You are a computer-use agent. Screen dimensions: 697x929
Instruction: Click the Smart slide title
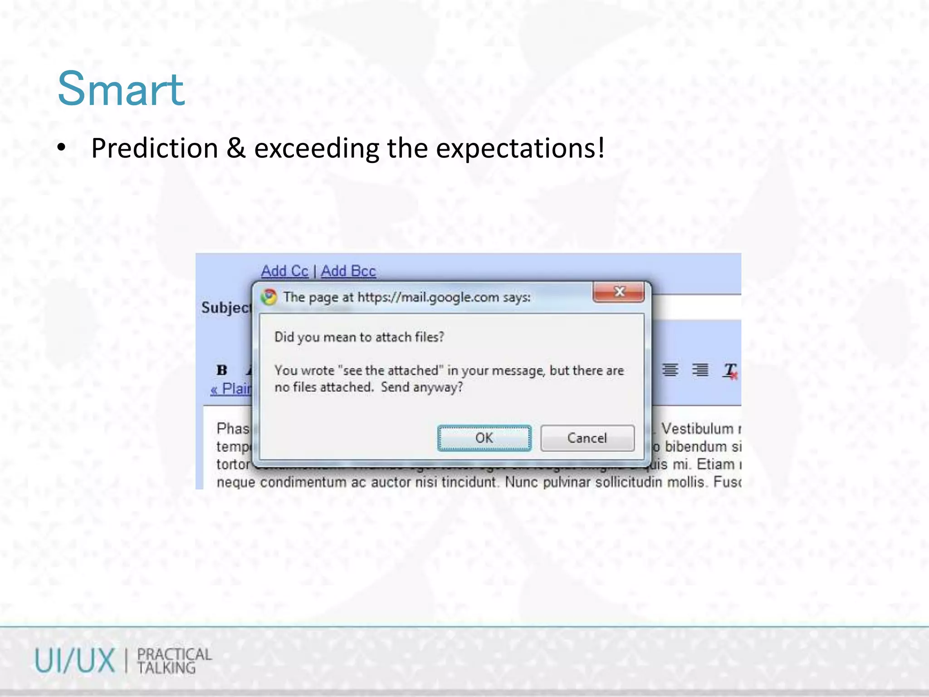(121, 89)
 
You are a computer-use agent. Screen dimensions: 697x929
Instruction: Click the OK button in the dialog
(484, 438)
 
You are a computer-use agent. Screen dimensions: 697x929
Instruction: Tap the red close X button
(619, 292)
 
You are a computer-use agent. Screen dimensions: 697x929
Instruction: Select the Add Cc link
(284, 271)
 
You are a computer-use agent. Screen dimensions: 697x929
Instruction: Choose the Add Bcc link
(348, 271)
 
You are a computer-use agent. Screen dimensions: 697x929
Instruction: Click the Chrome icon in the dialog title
(269, 297)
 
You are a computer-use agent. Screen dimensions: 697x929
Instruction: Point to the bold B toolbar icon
(222, 370)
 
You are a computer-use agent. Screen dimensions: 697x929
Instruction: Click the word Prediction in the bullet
(155, 148)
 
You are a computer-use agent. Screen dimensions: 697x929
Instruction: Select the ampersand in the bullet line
(236, 148)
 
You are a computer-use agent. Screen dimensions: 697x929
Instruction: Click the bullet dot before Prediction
(62, 148)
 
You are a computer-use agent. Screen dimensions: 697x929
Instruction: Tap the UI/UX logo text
(75, 661)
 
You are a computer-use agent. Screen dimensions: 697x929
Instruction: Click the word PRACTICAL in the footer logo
(175, 654)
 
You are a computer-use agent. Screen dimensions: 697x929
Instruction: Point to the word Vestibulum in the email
(697, 428)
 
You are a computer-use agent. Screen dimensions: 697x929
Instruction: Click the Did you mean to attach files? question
(359, 337)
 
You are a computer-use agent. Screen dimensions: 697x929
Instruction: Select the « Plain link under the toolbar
(231, 389)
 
